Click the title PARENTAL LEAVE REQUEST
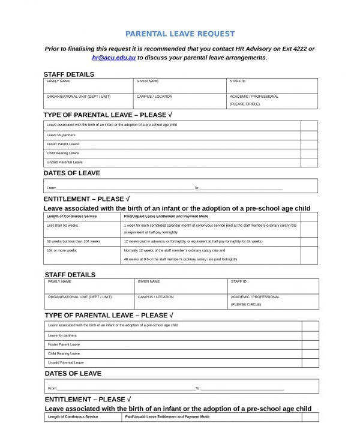tap(180, 34)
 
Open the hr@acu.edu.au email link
tap(113, 58)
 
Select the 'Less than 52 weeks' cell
tap(62, 225)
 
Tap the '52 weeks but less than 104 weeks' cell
tap(74, 241)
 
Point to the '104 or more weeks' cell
tap(62, 250)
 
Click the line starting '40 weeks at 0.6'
tap(180, 259)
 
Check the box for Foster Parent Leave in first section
tap(309, 144)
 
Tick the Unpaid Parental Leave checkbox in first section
tap(309, 162)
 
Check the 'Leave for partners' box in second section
tap(310, 335)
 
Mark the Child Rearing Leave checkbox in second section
tap(310, 353)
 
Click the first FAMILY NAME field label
tap(59, 81)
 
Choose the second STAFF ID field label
tap(239, 281)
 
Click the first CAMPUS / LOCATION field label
tap(154, 96)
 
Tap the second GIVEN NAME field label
tap(149, 281)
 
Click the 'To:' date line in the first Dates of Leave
tap(240, 188)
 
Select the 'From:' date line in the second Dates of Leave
tap(120, 388)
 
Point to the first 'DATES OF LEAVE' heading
tap(72, 173)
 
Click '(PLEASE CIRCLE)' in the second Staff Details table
tap(246, 304)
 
